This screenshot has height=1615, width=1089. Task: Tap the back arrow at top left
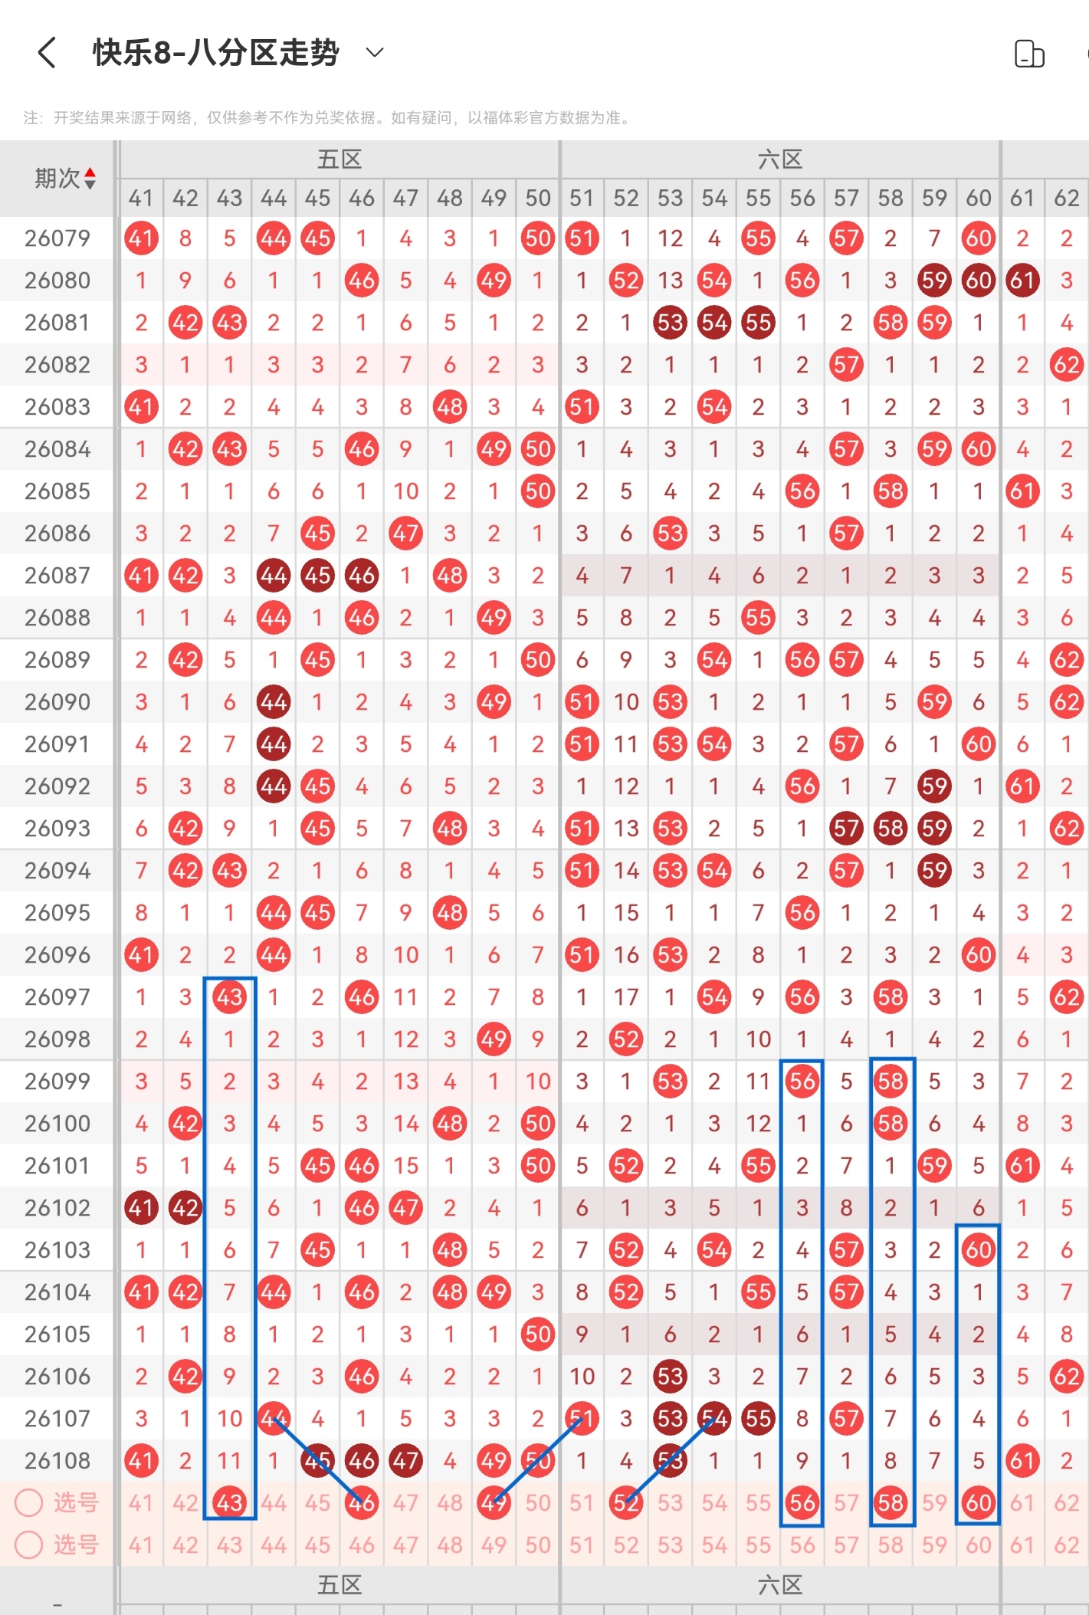[47, 53]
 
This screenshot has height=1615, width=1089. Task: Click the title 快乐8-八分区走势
[215, 53]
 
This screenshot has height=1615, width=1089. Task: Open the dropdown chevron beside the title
[375, 52]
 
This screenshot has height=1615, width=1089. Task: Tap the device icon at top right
[1029, 54]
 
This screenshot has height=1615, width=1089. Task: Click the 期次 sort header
[65, 179]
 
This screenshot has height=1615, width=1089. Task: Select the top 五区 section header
[339, 159]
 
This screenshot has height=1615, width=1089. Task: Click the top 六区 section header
[779, 159]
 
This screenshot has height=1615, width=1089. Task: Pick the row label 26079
[57, 238]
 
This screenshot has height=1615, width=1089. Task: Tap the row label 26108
[57, 1461]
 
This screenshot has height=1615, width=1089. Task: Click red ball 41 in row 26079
[141, 238]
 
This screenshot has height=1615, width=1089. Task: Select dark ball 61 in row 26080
[1022, 281]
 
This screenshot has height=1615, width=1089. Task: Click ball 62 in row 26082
[1066, 365]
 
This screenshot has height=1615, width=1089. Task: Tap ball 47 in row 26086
[405, 533]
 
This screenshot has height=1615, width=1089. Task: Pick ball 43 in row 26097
[229, 997]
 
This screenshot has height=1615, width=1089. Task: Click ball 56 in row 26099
[802, 1082]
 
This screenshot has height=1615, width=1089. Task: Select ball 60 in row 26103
[978, 1250]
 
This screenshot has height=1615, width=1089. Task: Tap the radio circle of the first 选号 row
[29, 1503]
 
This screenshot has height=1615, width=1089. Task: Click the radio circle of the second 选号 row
[29, 1544]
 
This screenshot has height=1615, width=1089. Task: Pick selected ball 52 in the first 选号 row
[625, 1503]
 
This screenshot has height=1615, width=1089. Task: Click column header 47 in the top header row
[405, 198]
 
